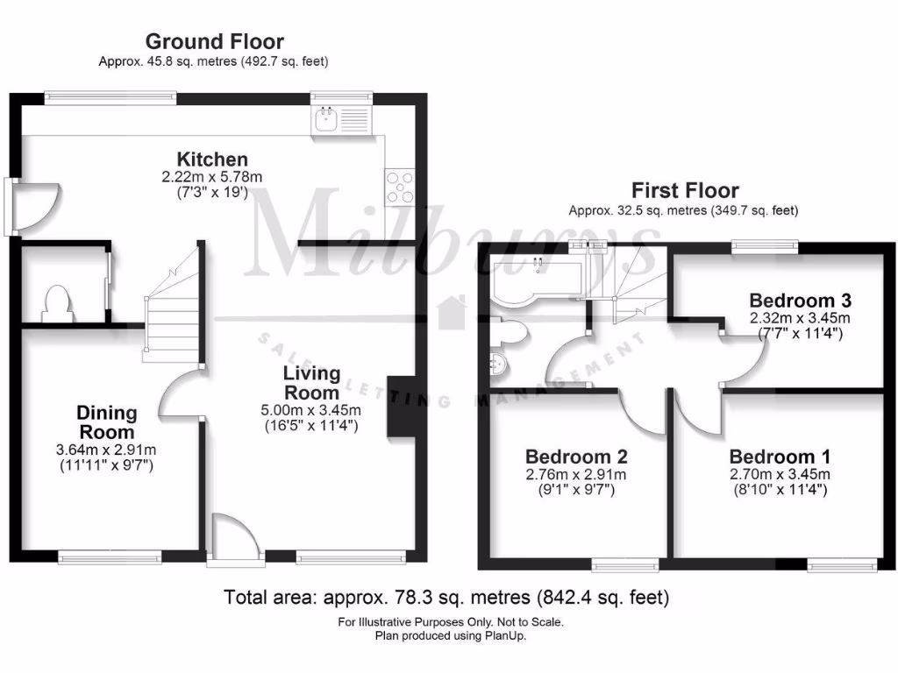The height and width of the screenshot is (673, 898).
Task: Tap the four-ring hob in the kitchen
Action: click(399, 186)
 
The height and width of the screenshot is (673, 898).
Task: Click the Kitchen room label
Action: click(212, 159)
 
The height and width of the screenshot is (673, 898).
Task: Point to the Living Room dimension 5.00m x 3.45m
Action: click(310, 410)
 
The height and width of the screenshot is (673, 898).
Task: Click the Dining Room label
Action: click(106, 422)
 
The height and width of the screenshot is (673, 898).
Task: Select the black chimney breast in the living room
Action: click(401, 406)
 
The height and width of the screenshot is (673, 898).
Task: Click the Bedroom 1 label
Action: click(780, 457)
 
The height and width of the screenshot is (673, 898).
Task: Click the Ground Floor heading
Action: click(214, 41)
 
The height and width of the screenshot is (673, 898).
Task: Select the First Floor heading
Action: click(685, 190)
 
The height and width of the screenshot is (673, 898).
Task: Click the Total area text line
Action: click(447, 598)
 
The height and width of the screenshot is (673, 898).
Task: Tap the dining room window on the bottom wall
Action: click(110, 556)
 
